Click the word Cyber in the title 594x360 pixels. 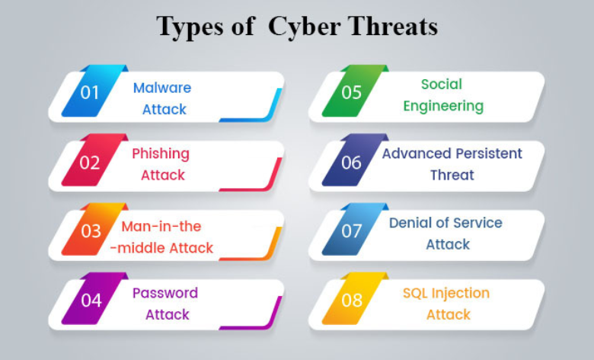pos(305,27)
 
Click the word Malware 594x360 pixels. pos(162,88)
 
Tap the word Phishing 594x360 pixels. pos(161,154)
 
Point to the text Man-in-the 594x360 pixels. pos(161,226)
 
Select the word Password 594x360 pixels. pos(165,292)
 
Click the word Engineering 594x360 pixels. pos(443,107)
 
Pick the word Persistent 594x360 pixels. pos(488,153)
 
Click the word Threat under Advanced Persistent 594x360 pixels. pos(452,175)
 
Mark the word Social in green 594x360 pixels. pos(442,84)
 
